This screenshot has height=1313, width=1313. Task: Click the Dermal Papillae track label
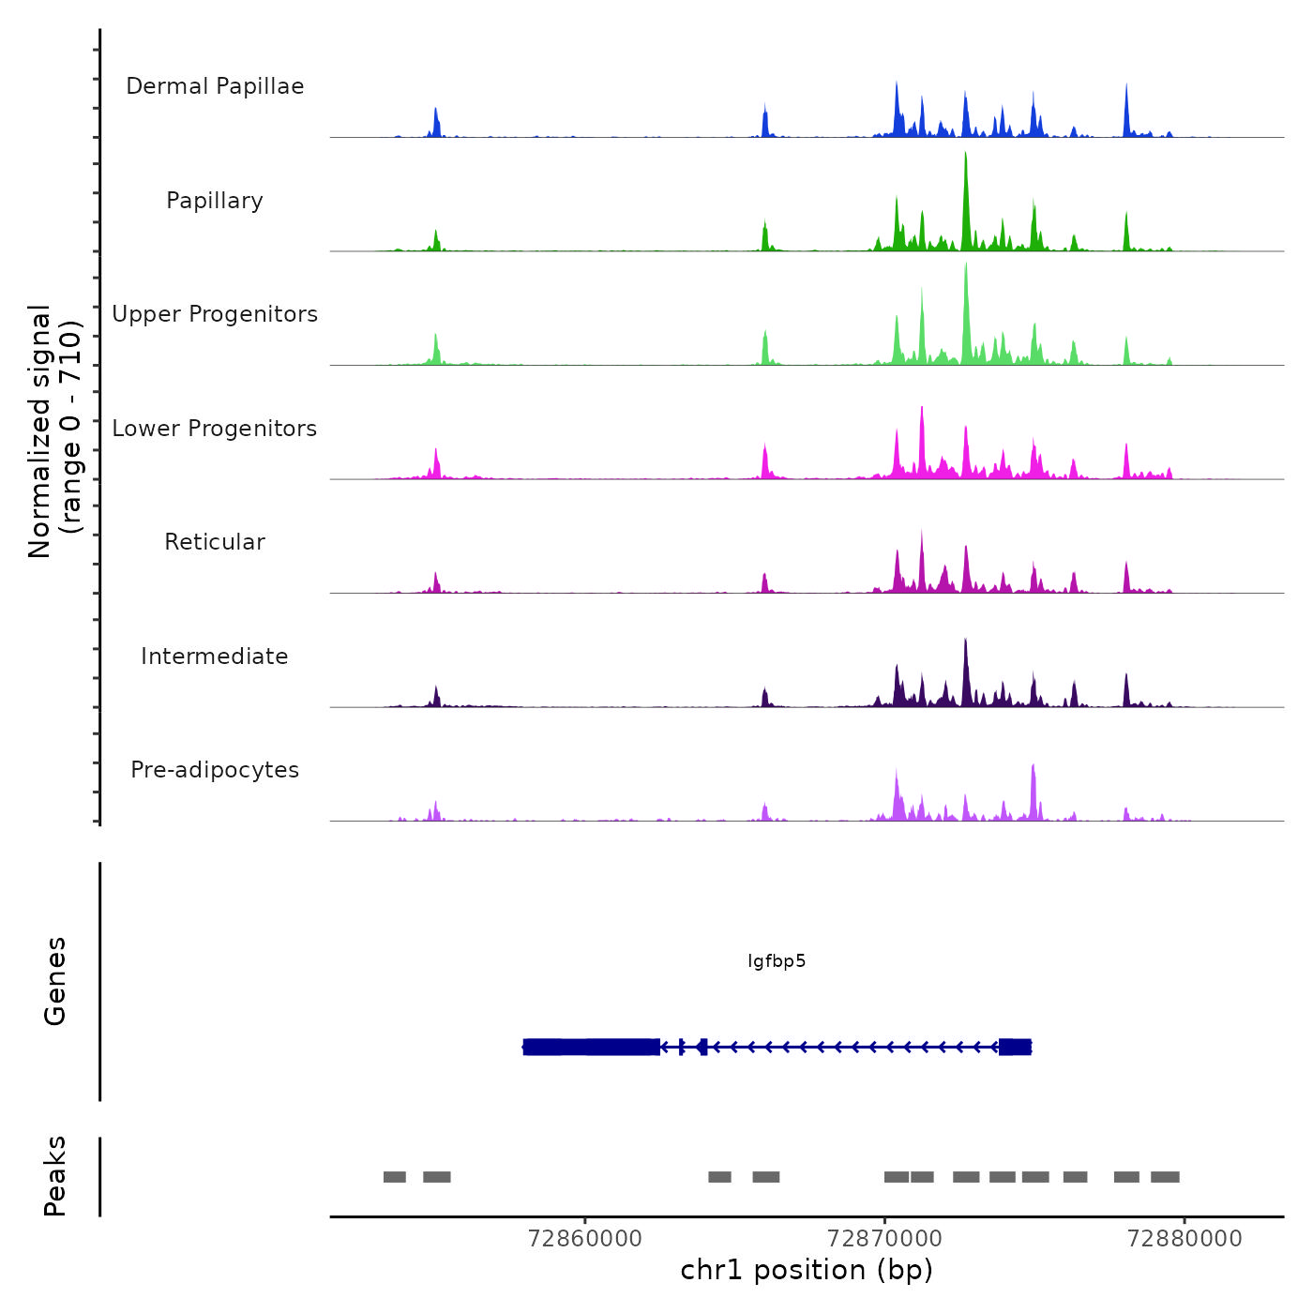coord(215,86)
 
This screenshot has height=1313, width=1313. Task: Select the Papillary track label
coord(215,201)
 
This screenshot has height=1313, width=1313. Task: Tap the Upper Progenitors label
coord(215,314)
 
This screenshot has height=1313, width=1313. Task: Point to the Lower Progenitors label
coord(215,429)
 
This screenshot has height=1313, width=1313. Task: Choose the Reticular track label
coord(215,542)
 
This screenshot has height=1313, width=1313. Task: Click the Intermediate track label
coord(215,656)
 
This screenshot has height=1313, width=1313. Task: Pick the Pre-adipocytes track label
coord(215,770)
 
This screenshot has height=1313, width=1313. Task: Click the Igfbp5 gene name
coord(777,961)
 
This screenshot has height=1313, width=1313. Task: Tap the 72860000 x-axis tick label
coord(585,1239)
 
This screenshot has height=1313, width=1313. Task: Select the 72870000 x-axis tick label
coord(884,1239)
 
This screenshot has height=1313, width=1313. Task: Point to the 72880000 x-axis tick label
coord(1185,1239)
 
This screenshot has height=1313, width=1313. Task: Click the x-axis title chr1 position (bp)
coord(807,1270)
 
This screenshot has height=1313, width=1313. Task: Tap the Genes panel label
coord(55,981)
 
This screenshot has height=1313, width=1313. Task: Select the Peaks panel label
coord(55,1176)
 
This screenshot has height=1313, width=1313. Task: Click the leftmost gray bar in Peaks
coord(395,1177)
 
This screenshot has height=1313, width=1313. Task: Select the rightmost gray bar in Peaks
coord(1165,1177)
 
